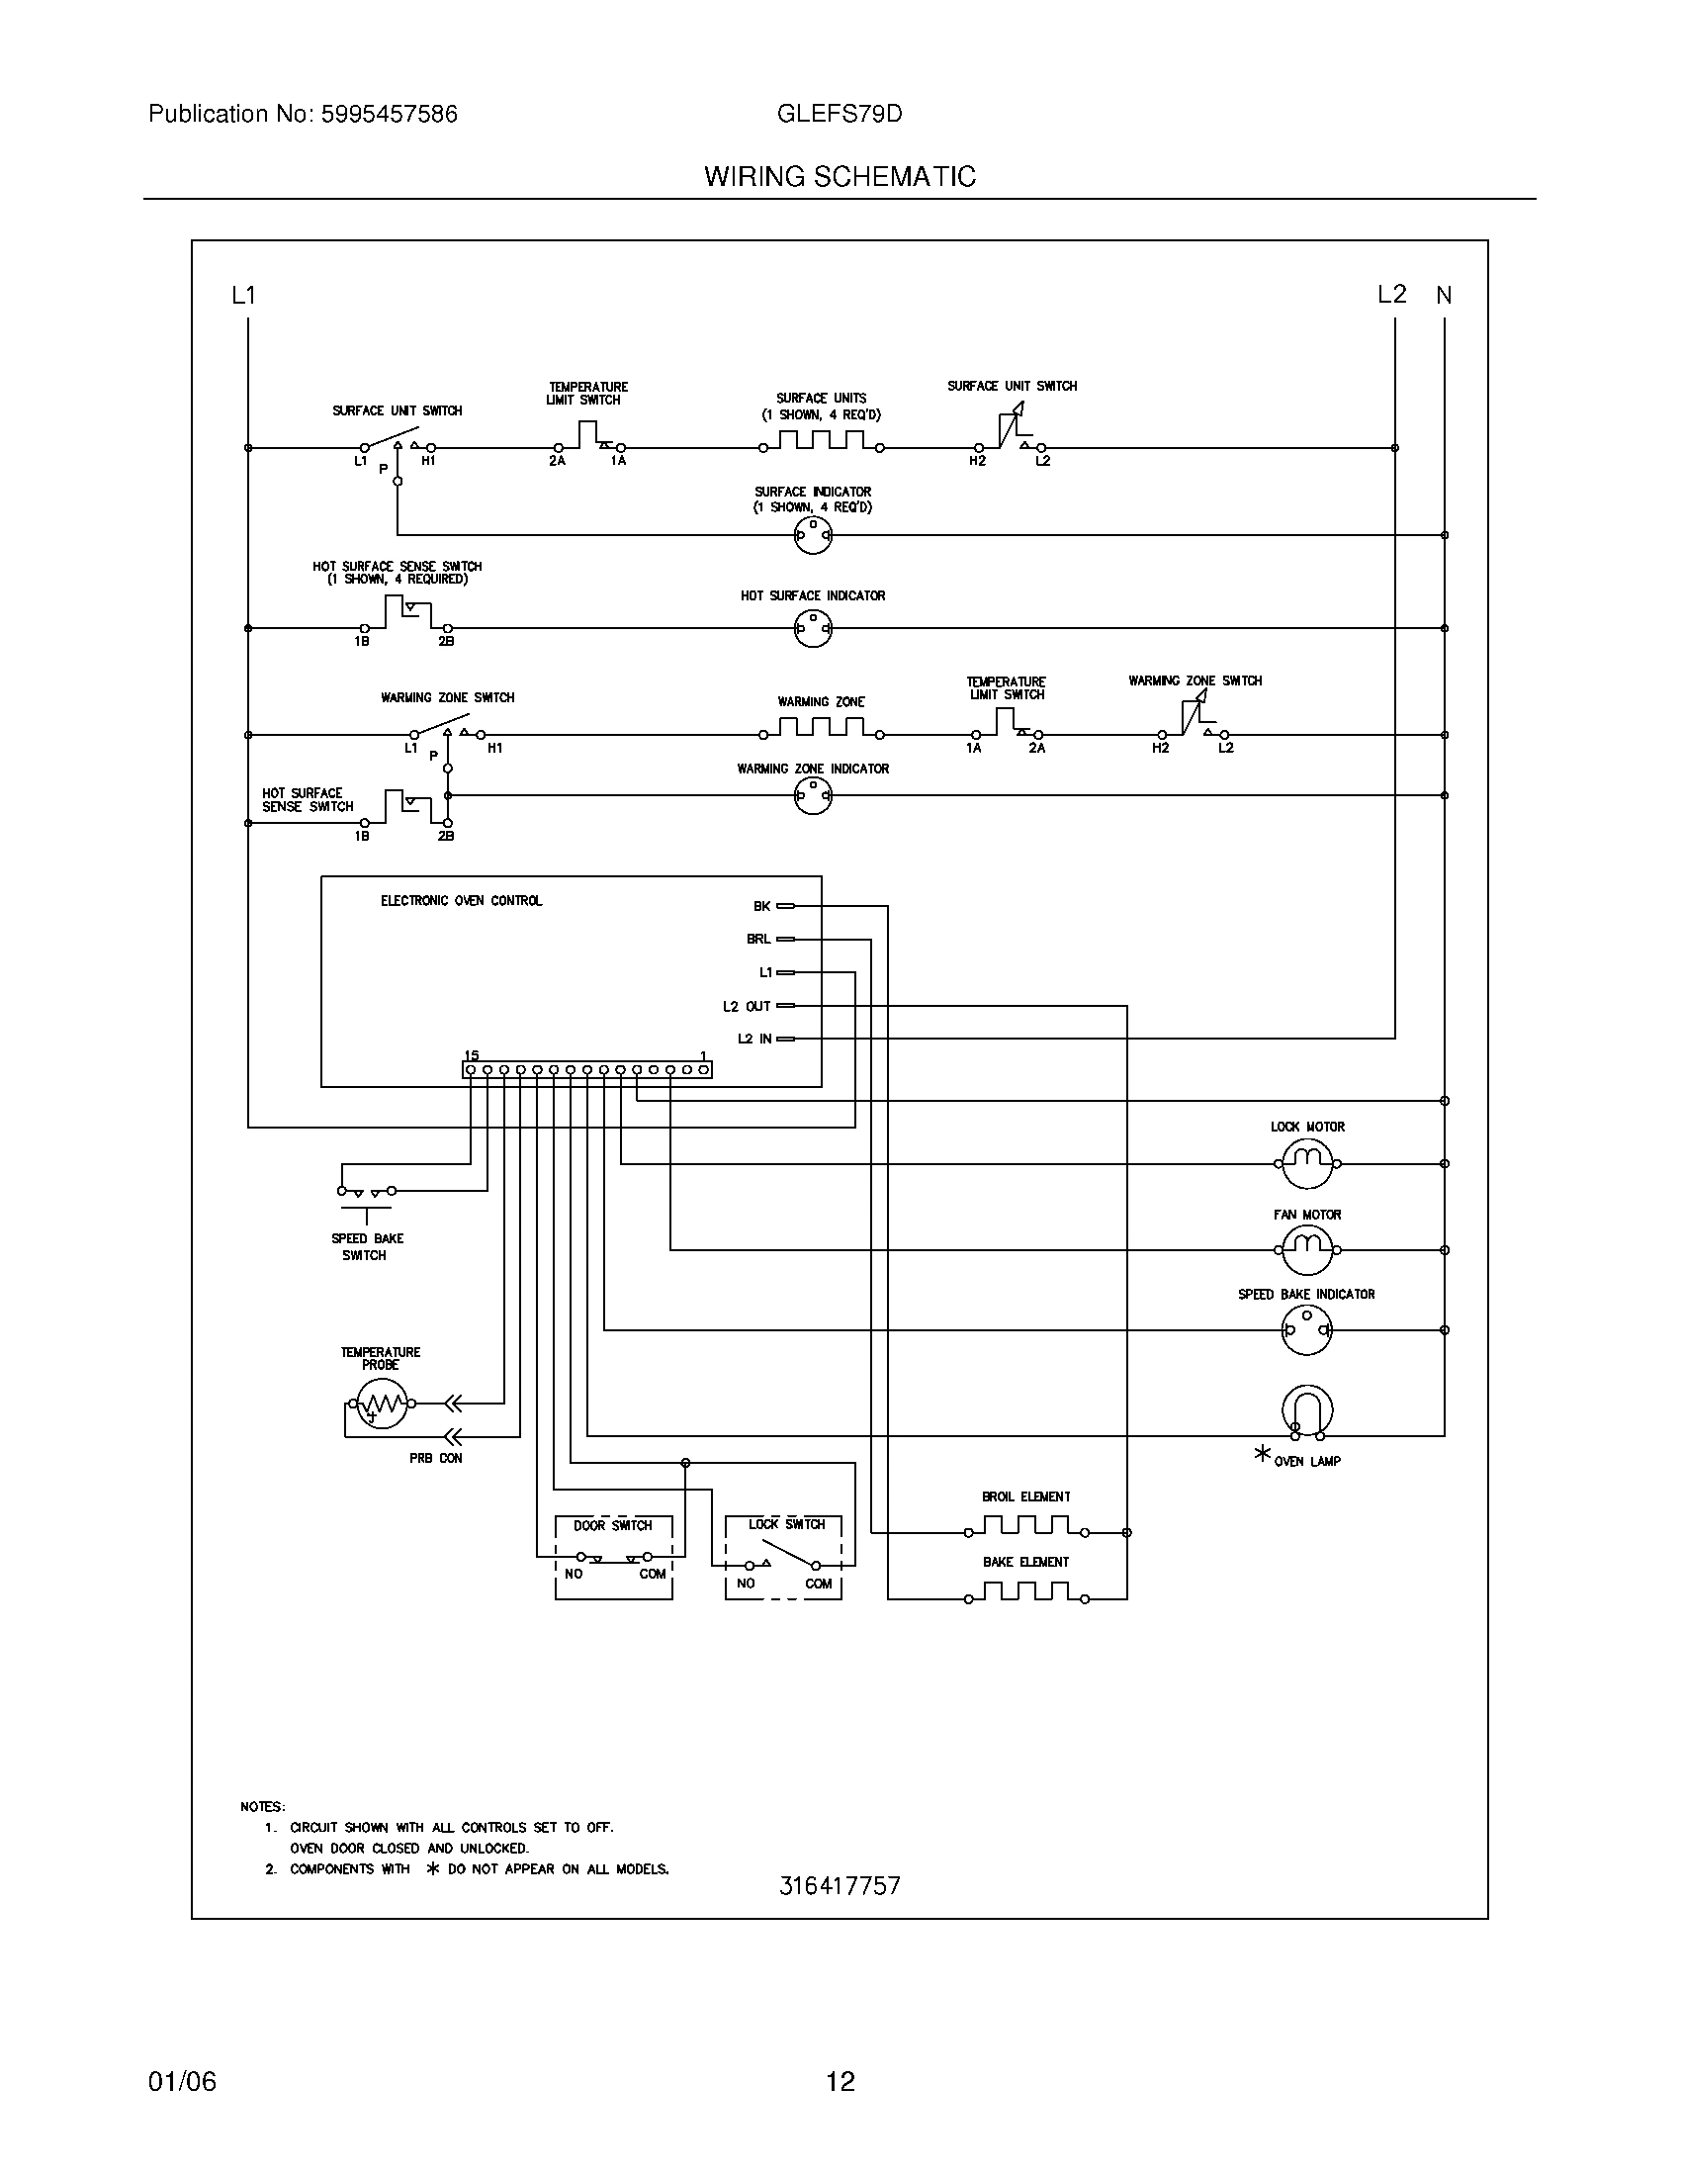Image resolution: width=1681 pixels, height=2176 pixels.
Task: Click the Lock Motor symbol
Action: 1305,1163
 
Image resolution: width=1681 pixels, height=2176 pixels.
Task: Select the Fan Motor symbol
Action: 1305,1249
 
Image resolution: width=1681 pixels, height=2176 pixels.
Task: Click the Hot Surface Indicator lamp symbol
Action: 813,629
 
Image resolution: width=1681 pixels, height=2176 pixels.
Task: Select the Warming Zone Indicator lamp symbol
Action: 813,795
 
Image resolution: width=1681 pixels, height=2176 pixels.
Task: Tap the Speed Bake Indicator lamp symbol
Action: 1305,1329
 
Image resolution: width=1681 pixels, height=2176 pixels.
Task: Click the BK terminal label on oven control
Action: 761,906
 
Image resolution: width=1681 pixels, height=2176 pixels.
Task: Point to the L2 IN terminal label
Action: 754,1039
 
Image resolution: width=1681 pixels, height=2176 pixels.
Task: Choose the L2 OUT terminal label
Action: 747,1005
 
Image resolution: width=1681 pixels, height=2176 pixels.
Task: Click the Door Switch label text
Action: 612,1524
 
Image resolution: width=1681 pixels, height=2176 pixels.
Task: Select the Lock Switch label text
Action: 787,1523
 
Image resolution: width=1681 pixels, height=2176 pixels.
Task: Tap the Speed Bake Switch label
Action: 367,1246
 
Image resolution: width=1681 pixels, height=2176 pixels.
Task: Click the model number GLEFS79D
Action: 839,114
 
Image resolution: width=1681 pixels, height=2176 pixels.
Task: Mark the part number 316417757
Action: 840,1885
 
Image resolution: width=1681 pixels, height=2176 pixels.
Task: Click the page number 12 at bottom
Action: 840,2080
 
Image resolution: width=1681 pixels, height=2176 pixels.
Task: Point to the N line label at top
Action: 1444,295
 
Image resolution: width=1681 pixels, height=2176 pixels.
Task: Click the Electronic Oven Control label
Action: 461,901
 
